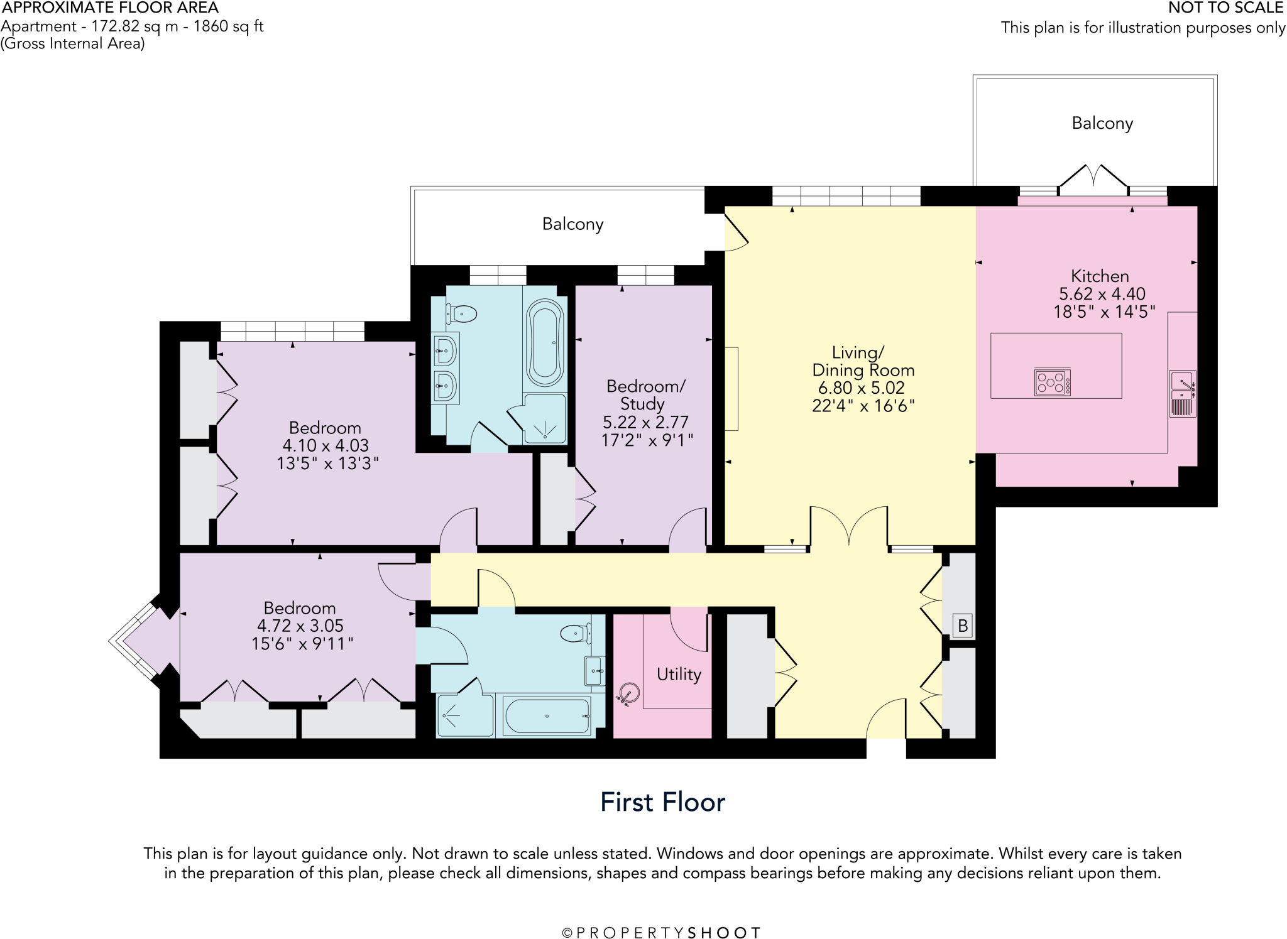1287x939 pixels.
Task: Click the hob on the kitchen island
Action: coord(1053,382)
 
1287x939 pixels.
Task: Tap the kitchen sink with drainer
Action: coord(1183,394)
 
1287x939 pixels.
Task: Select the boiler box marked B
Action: coord(962,626)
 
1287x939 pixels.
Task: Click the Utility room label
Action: coord(679,674)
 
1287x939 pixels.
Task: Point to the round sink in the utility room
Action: coord(629,693)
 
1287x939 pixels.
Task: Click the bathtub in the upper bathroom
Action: coord(545,342)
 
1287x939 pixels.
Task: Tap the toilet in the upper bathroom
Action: coord(461,313)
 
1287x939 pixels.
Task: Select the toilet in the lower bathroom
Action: coord(575,633)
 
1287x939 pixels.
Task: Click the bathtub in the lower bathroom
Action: coord(547,716)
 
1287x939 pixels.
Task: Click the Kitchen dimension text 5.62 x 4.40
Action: coord(1102,293)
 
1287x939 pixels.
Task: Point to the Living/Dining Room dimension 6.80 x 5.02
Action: coord(861,388)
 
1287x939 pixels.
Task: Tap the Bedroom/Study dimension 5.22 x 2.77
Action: coord(645,422)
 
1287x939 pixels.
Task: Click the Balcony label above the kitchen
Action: coord(1102,123)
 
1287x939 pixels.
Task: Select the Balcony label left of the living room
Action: coord(572,224)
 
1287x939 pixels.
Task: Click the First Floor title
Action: coord(662,802)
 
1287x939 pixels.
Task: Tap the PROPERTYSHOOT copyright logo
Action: coord(661,933)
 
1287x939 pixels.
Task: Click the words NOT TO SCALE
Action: coord(1225,8)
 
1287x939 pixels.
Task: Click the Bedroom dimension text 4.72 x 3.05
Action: coord(300,626)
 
